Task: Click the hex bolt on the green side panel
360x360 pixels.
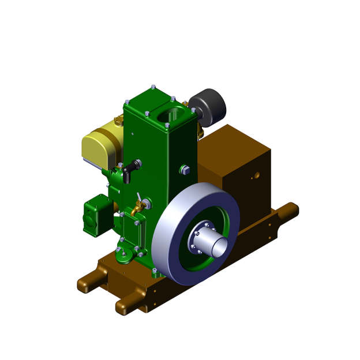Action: click(x=185, y=170)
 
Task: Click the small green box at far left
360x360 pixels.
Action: click(x=96, y=215)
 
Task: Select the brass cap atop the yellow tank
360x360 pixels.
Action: click(x=118, y=121)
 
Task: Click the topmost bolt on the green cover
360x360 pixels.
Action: click(x=153, y=87)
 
